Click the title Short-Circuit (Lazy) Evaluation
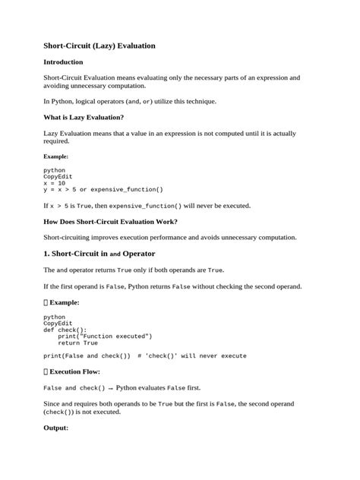tap(99, 46)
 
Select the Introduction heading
tap(63, 62)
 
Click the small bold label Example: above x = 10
tap(55, 156)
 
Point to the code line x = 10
tap(55, 183)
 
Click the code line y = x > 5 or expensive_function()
tap(103, 189)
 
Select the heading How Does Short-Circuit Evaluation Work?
tap(111, 221)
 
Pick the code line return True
tap(73, 343)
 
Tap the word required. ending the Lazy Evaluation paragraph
tap(58, 141)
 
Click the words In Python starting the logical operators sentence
tap(58, 101)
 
